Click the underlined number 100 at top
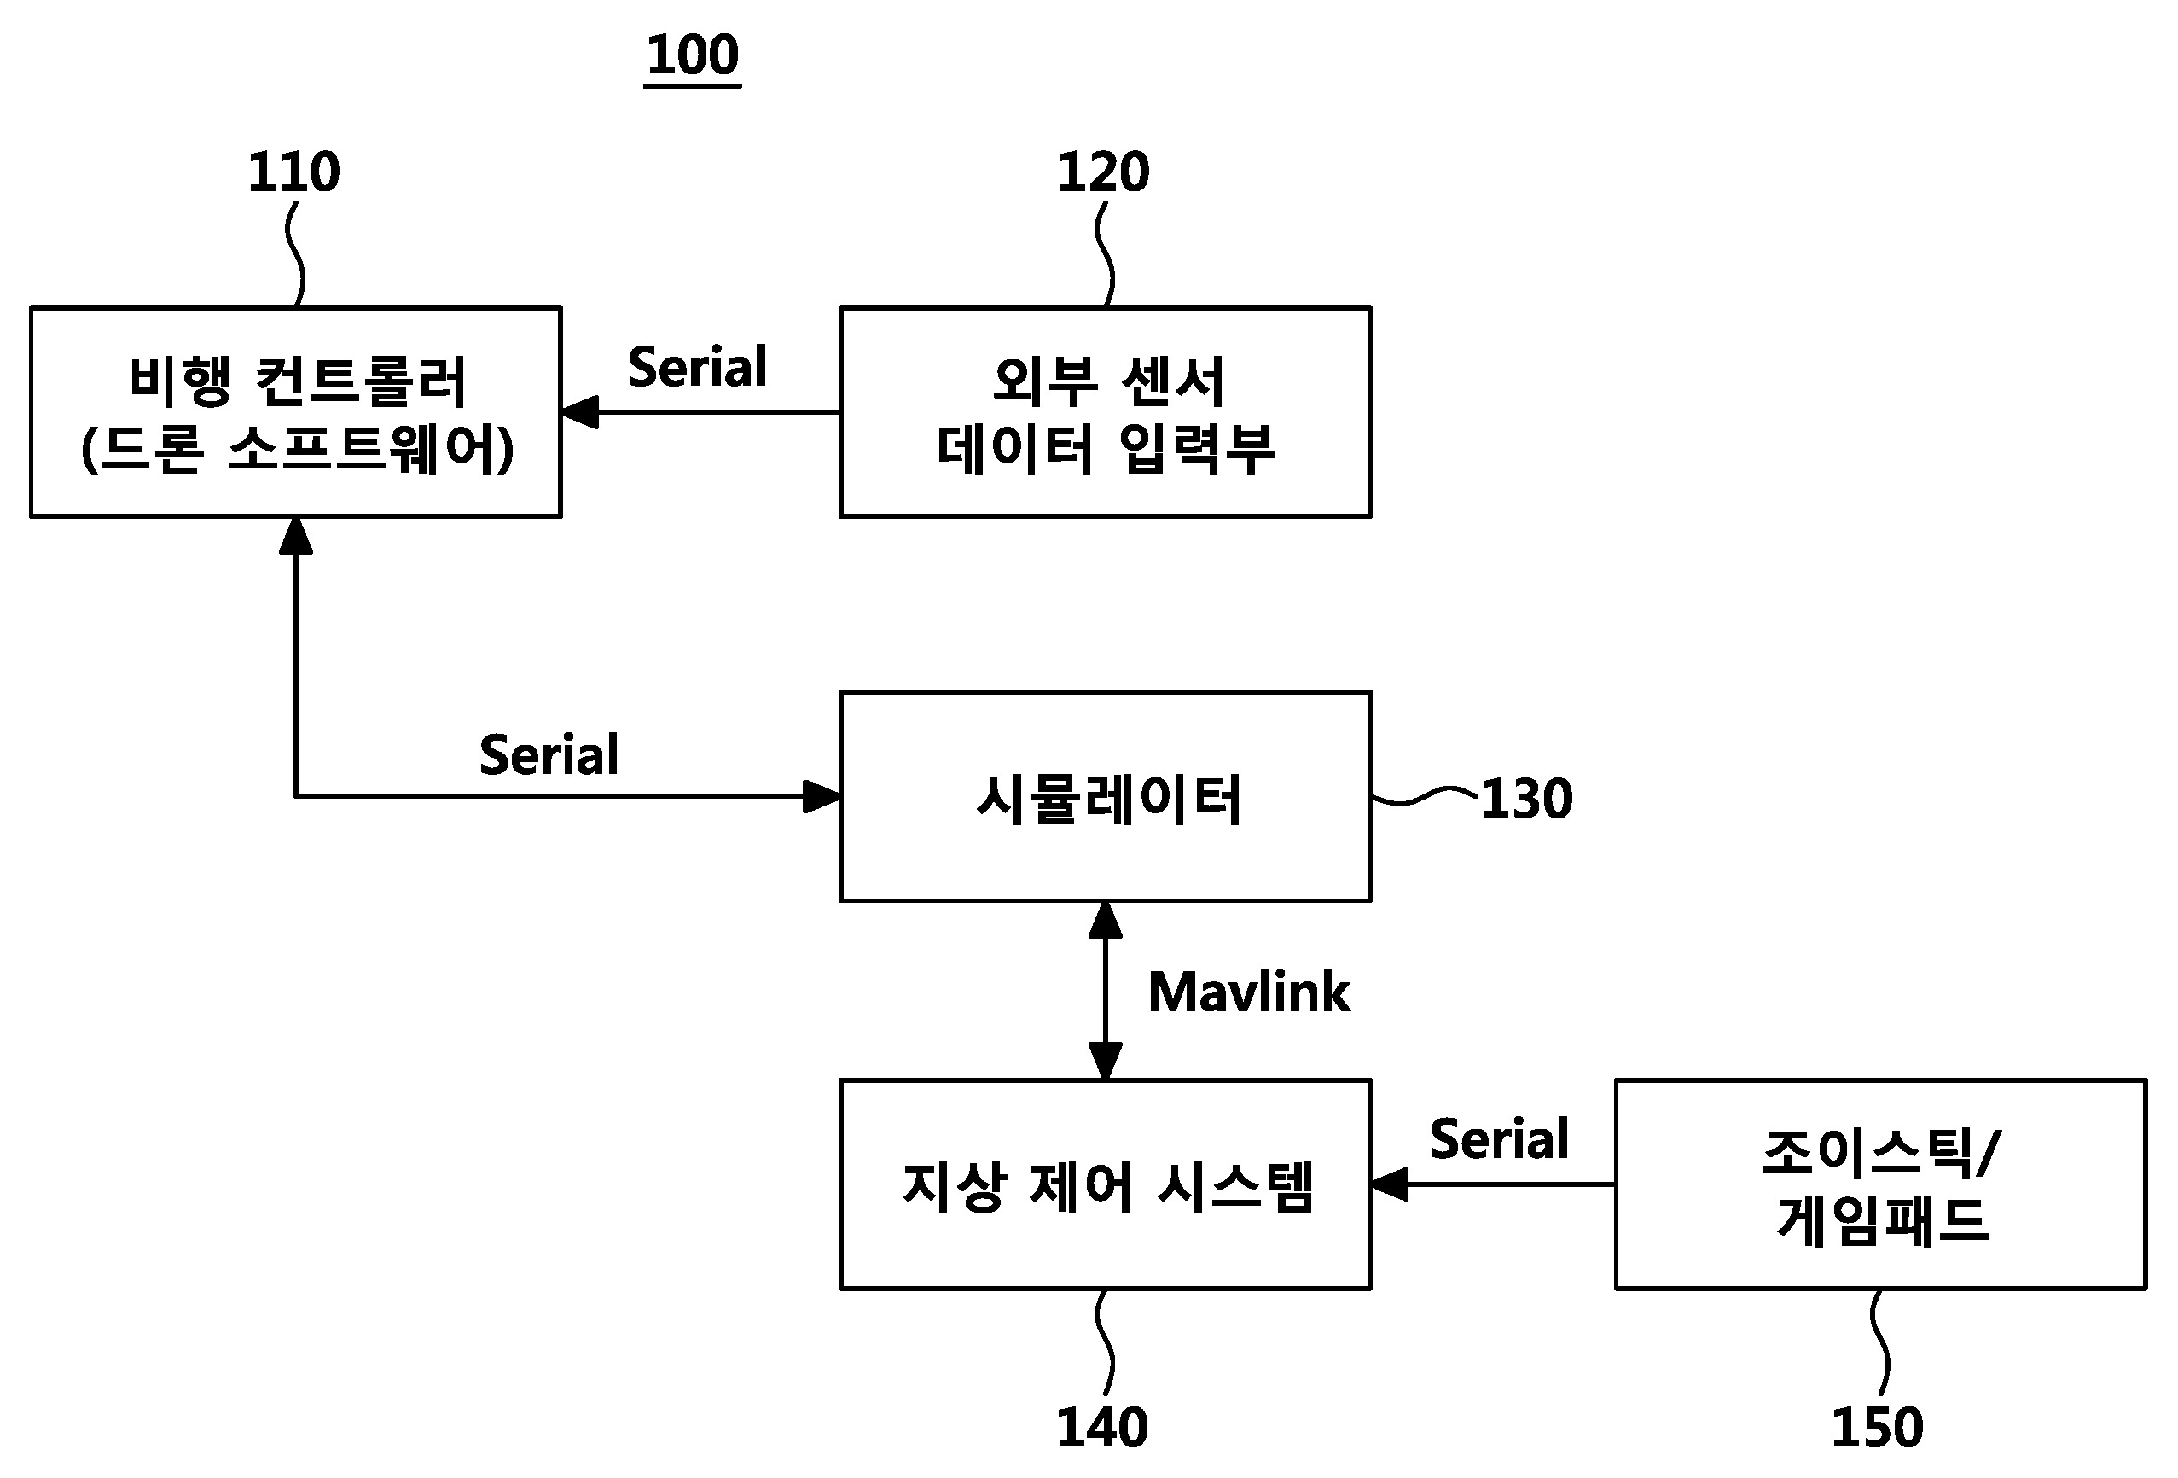click(x=693, y=55)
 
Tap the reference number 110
click(x=293, y=172)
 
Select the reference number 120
click(x=1102, y=172)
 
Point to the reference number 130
click(x=1525, y=800)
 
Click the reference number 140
click(x=1101, y=1428)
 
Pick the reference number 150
click(x=1876, y=1428)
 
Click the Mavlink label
click(x=1248, y=992)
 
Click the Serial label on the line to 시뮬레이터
click(x=549, y=754)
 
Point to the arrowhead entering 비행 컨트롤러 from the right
click(x=580, y=411)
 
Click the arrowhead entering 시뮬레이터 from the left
click(x=822, y=797)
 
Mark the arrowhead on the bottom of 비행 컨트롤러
click(x=295, y=535)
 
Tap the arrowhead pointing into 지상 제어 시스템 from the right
click(x=1390, y=1184)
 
